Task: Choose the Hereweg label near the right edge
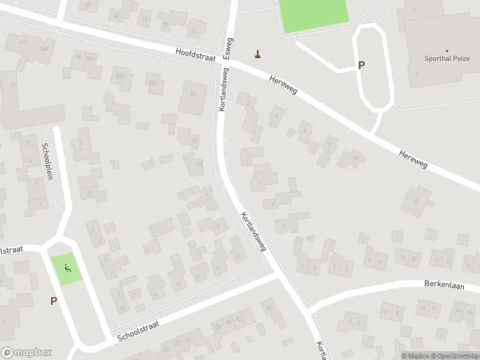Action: pos(413,158)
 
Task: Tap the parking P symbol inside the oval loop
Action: pos(361,65)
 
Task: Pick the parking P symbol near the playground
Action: pos(53,301)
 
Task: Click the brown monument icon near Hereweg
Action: pos(259,55)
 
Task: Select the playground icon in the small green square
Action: pos(67,268)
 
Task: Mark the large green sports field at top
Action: pos(313,14)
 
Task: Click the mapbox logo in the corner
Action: pos(26,353)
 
